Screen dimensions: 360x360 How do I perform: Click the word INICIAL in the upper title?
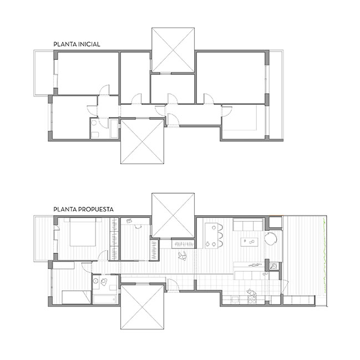89,44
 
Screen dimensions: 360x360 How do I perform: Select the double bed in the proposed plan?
83,232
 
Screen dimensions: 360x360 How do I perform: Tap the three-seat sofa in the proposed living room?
248,225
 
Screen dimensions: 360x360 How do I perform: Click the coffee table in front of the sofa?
249,242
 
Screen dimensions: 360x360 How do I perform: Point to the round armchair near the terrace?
271,239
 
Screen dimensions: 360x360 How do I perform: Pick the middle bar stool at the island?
220,236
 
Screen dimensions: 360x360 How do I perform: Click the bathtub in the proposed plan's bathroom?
105,299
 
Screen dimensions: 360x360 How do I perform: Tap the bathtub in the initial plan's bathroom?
114,129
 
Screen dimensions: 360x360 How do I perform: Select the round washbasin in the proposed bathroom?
95,281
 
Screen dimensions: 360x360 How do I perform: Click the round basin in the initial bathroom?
94,123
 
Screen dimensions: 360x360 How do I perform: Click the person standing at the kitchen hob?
252,293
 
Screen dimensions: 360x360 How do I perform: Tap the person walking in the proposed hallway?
183,256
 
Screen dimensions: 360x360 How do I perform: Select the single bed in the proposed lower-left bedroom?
77,297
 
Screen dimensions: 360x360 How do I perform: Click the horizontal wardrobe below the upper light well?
183,244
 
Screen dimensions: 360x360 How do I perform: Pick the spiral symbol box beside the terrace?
274,266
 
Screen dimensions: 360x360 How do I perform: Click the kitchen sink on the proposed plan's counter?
235,300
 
